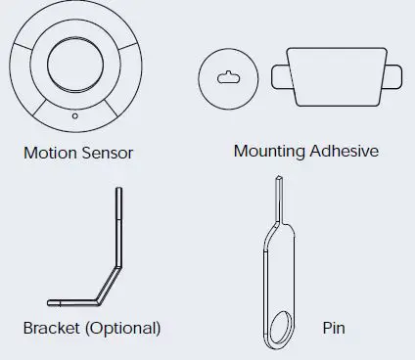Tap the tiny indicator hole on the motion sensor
coord(75,115)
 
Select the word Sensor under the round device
coord(107,153)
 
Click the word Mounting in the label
coord(270,152)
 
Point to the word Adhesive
coord(345,152)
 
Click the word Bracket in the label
coord(52,327)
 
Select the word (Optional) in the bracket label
coord(122,327)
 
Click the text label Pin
coord(334,327)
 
